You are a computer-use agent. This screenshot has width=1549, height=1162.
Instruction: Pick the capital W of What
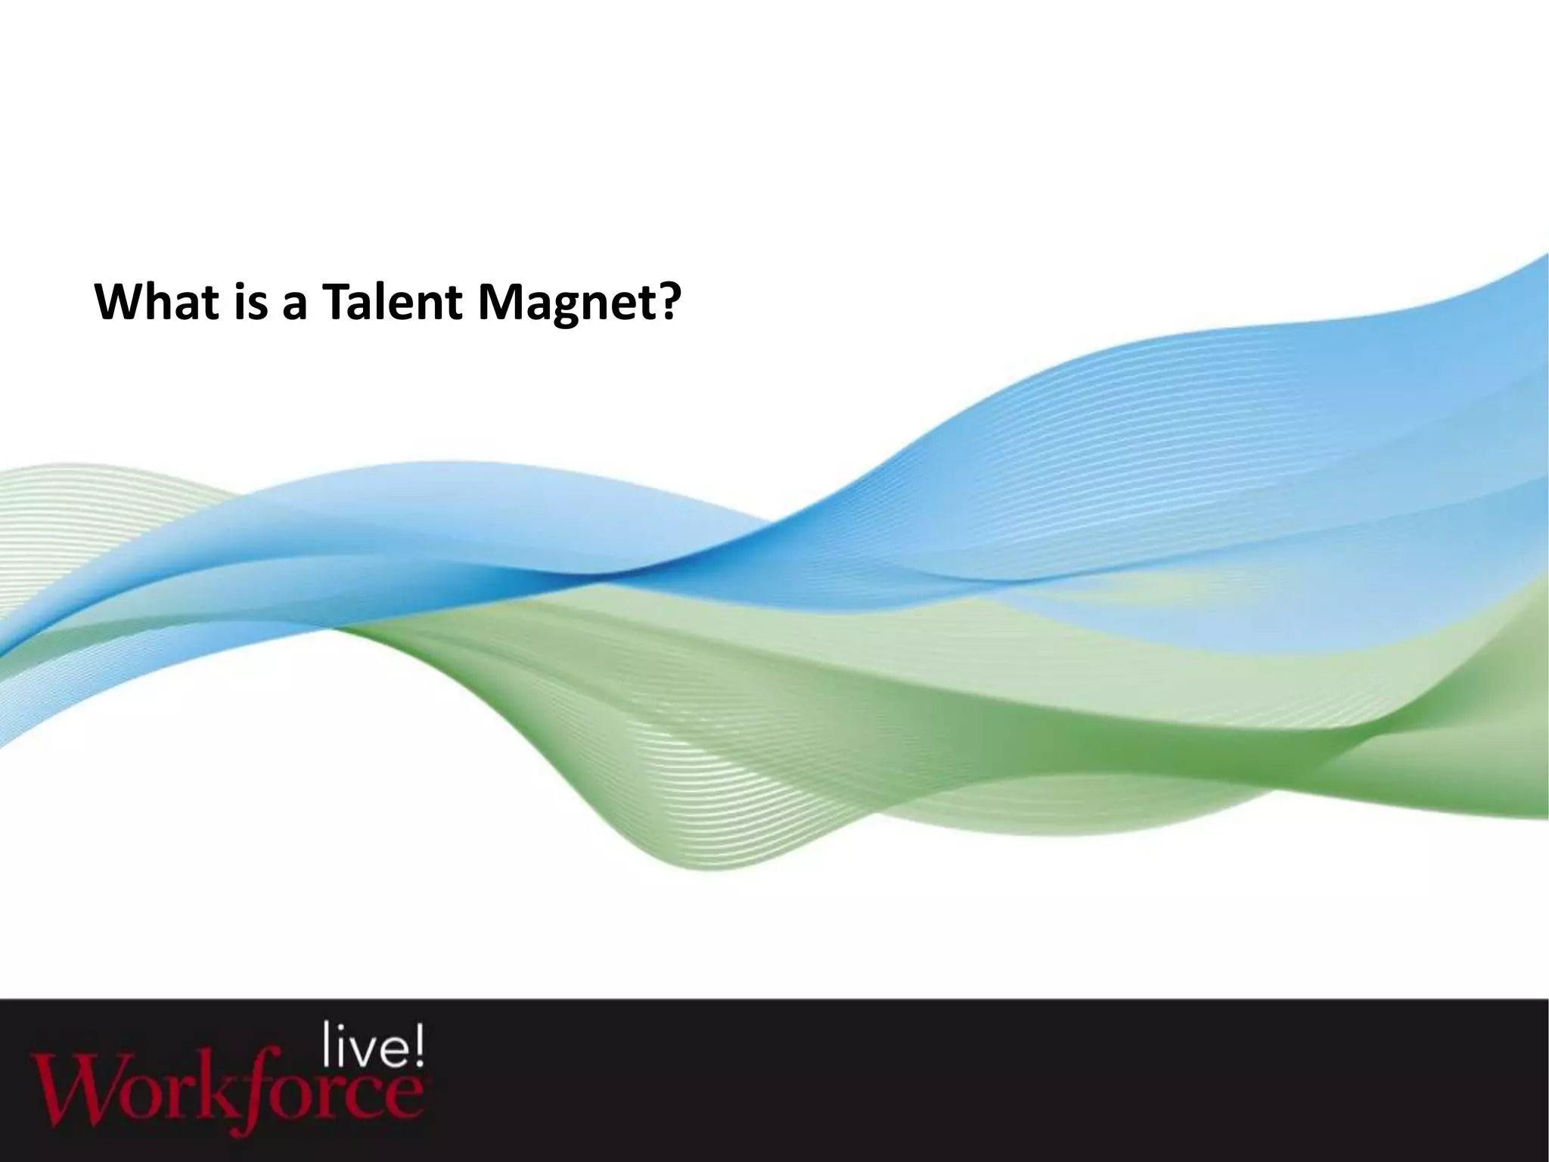click(116, 302)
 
